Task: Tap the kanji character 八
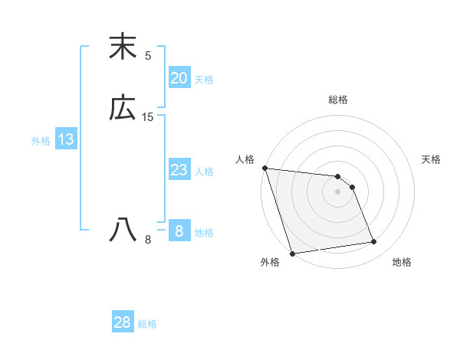[123, 229]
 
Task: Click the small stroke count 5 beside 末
[148, 55]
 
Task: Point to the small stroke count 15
[148, 117]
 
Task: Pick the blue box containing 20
[179, 78]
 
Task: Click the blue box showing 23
[179, 170]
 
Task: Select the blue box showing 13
[65, 139]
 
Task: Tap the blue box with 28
[123, 322]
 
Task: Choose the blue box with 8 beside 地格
[179, 231]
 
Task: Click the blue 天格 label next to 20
[204, 80]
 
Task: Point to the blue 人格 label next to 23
[204, 172]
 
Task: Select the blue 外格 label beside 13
[41, 141]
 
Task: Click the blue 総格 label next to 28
[147, 324]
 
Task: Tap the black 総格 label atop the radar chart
[338, 100]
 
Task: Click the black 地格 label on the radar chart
[402, 262]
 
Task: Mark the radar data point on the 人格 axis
[264, 168]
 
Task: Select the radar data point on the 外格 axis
[292, 253]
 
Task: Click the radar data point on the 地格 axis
[374, 242]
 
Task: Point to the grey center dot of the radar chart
[337, 191]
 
